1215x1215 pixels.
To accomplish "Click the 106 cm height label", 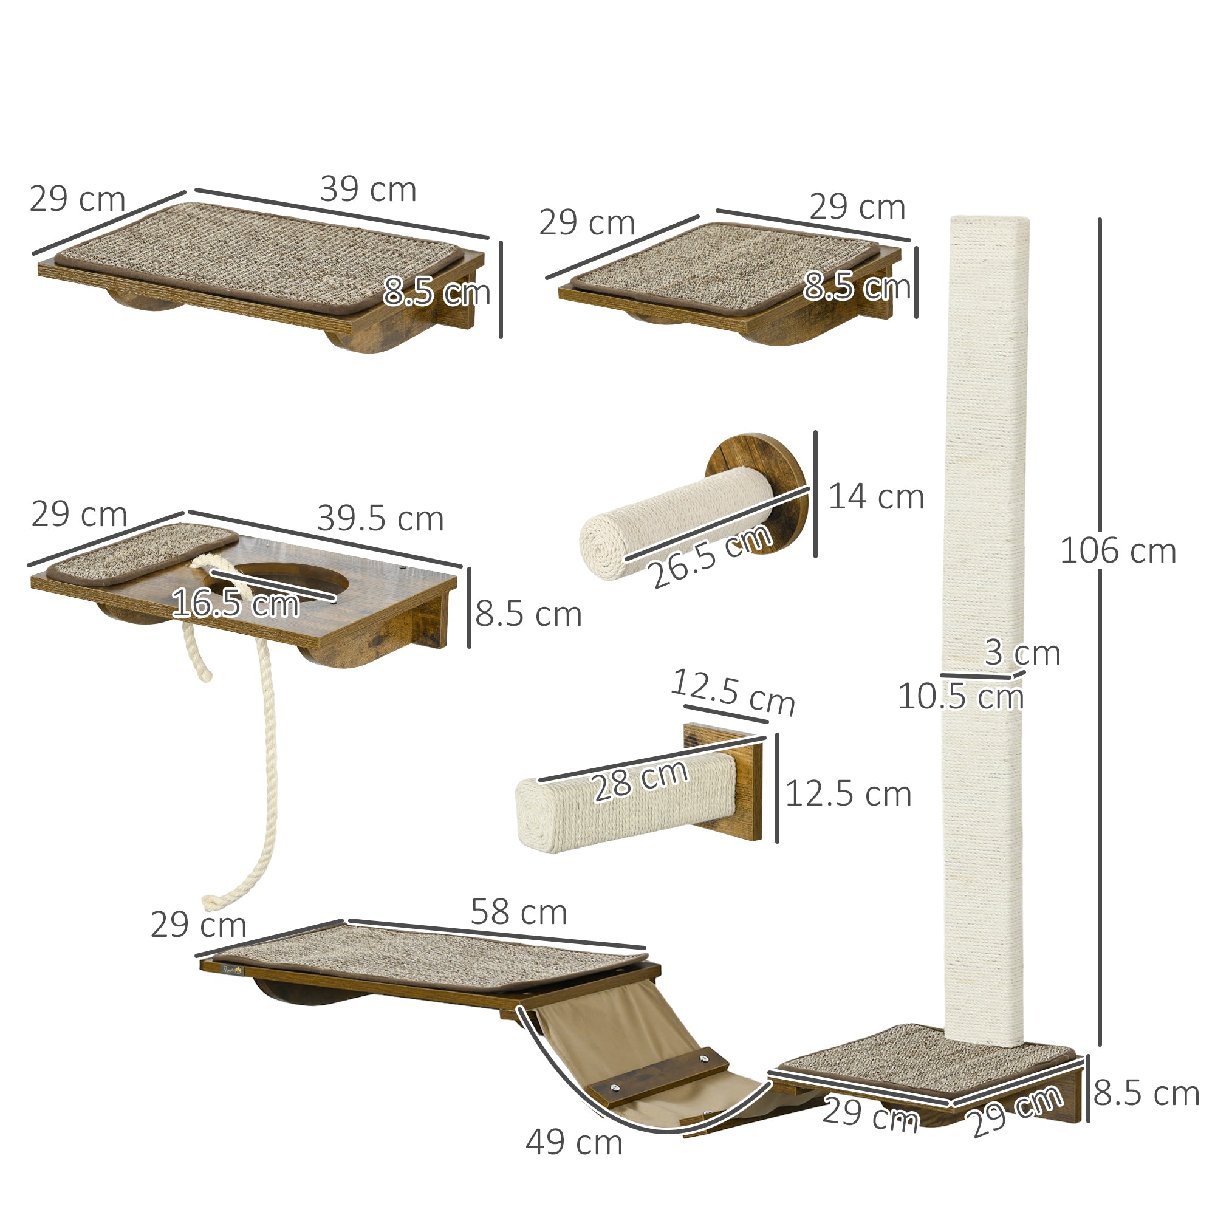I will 1118,552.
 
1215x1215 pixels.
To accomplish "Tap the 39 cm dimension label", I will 368,190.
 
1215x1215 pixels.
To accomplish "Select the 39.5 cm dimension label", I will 380,519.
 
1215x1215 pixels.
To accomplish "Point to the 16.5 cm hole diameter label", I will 235,603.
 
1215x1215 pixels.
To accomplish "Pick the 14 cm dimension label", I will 876,497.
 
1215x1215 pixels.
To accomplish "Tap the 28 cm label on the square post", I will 640,781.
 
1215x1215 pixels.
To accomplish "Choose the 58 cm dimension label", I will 518,912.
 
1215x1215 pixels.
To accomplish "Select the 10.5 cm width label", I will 960,696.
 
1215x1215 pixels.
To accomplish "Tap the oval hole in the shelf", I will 296,577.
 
